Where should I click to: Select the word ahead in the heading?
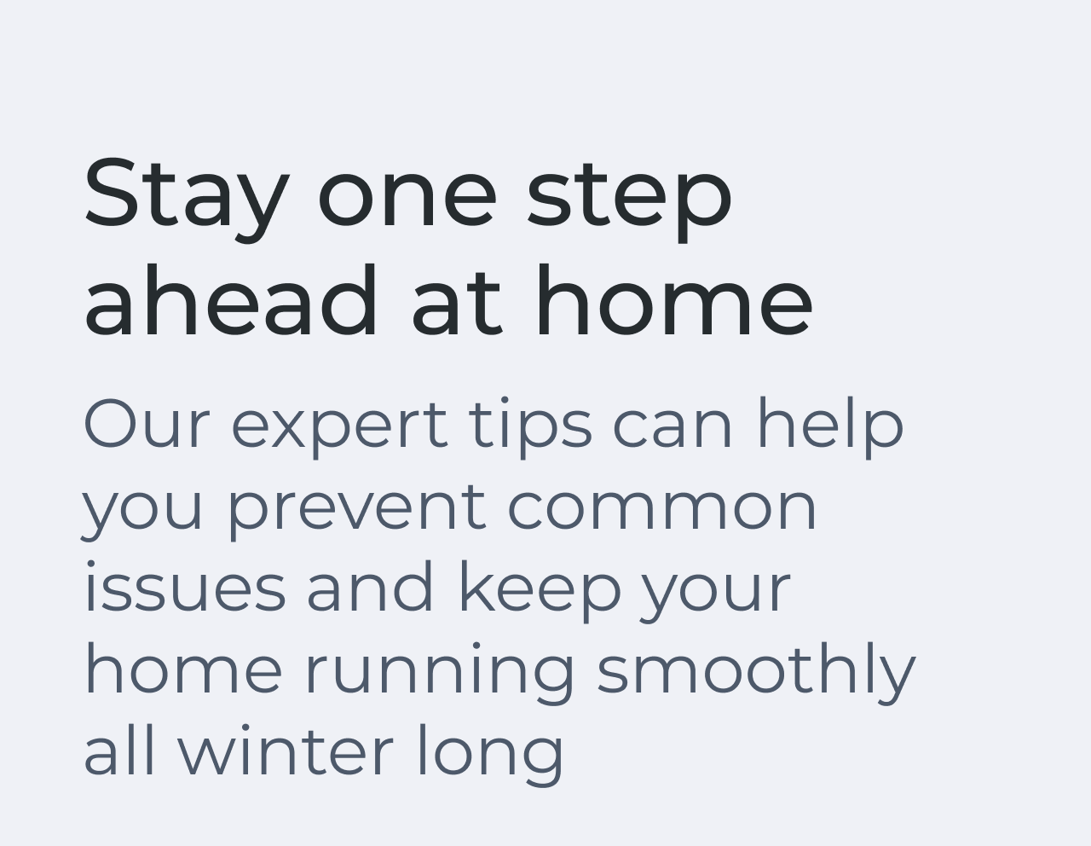click(230, 301)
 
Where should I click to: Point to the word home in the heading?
click(672, 301)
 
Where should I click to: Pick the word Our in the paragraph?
click(146, 424)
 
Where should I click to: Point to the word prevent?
click(356, 508)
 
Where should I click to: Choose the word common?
click(662, 507)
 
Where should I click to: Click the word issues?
click(184, 588)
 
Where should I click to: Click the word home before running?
click(182, 669)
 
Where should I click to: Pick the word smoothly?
click(755, 671)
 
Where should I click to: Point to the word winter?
click(285, 751)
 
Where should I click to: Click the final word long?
click(489, 753)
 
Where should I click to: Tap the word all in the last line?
click(119, 751)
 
